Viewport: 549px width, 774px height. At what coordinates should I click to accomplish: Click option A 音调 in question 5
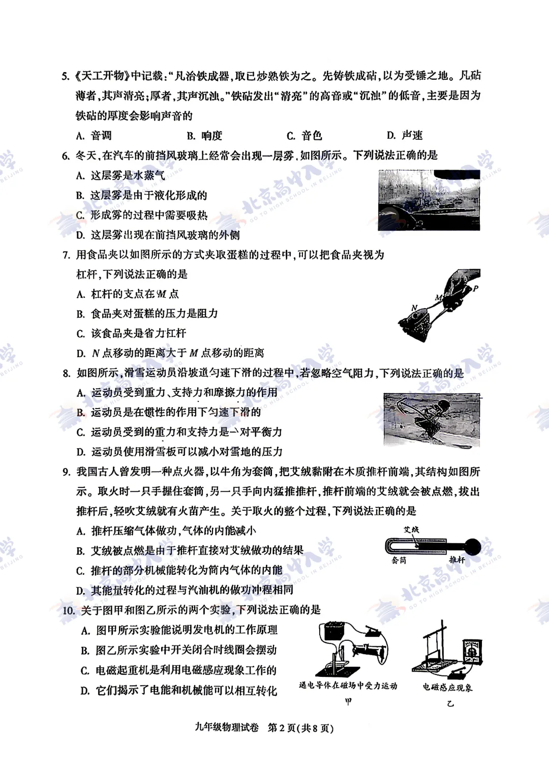(94, 136)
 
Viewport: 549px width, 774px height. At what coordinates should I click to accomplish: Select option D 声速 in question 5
(405, 135)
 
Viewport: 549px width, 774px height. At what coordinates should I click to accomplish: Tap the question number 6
(66, 156)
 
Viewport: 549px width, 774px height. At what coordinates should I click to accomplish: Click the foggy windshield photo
(429, 200)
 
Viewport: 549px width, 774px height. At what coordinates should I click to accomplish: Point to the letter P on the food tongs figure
(475, 288)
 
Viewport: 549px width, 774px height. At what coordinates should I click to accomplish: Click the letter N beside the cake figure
(414, 307)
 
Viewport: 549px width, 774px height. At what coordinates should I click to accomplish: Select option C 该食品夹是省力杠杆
(131, 333)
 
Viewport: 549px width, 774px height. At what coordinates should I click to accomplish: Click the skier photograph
(432, 420)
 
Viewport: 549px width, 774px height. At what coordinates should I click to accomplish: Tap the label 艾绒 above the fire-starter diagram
(411, 530)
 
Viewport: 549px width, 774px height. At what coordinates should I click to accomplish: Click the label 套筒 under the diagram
(399, 560)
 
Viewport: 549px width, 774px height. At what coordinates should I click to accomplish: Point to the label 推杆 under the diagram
(456, 560)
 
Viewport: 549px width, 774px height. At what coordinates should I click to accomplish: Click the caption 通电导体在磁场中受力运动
(348, 686)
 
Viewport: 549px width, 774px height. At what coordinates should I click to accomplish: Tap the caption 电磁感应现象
(447, 687)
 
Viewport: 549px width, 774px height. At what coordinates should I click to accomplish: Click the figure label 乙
(450, 704)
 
